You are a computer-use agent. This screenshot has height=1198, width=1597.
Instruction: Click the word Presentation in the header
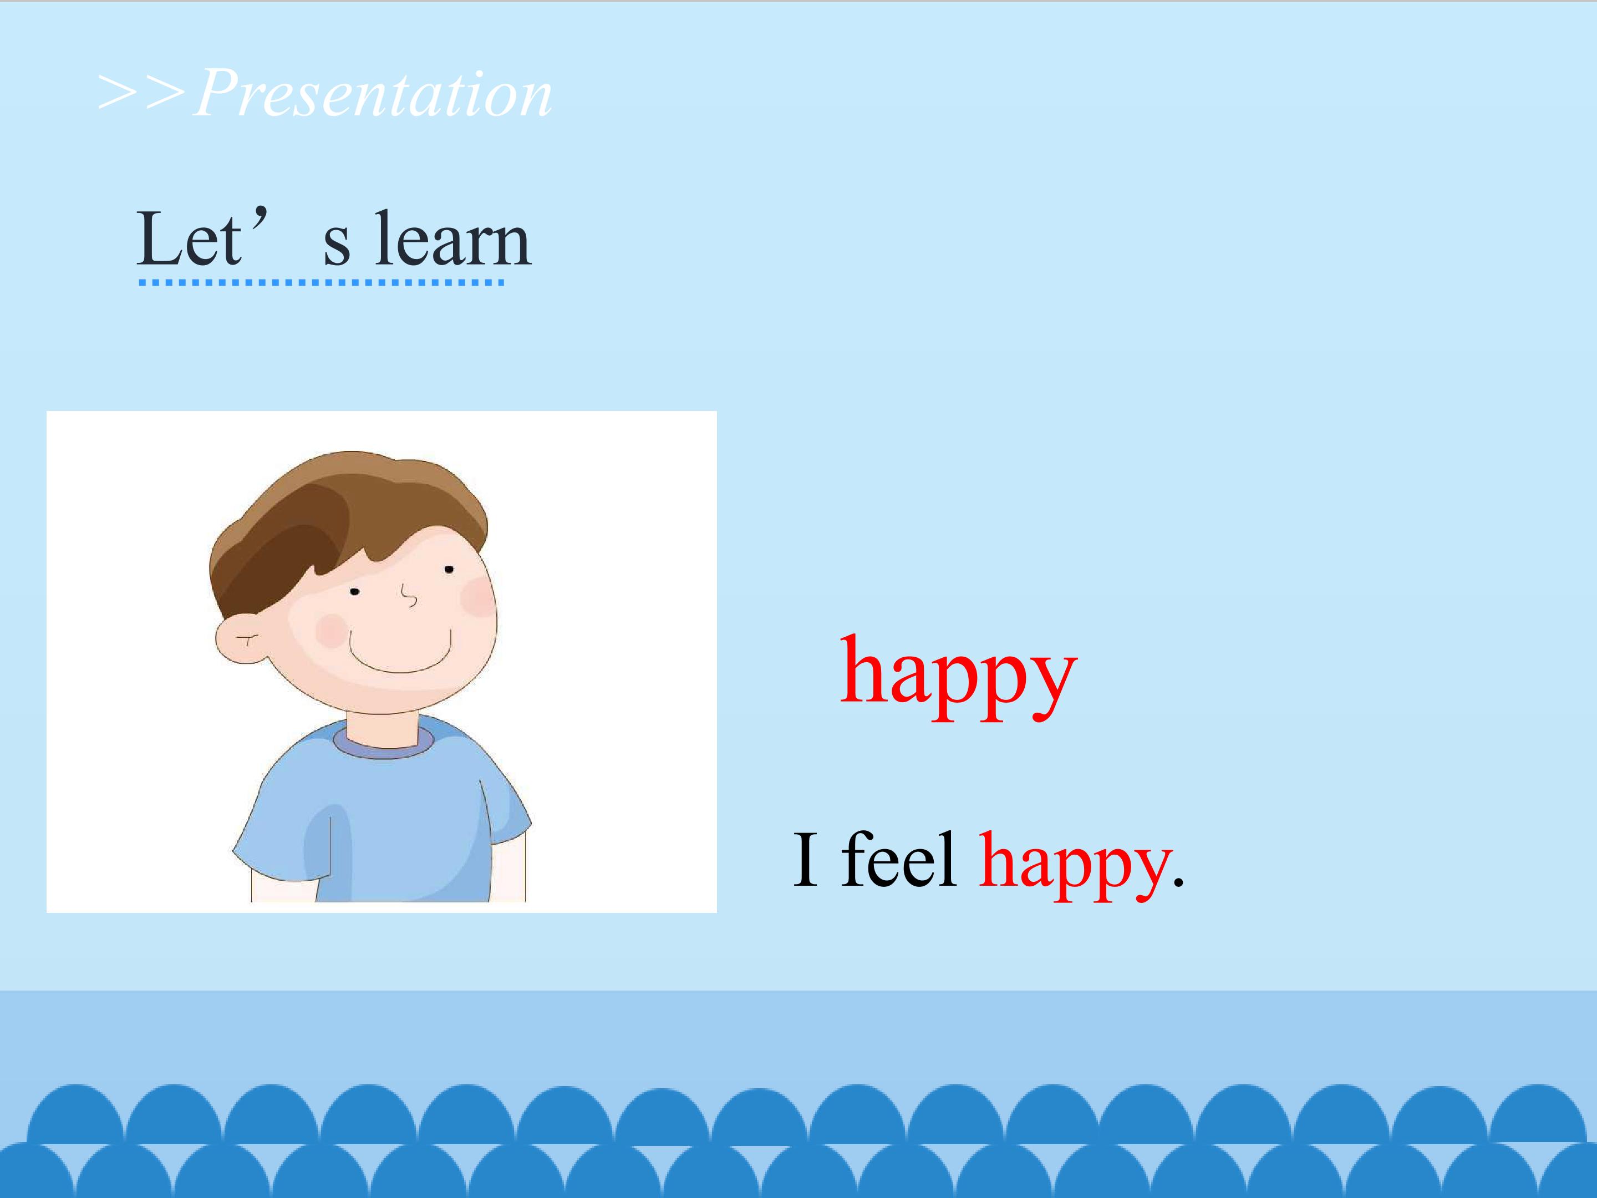(x=373, y=94)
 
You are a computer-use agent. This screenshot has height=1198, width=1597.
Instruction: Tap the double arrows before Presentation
(x=142, y=93)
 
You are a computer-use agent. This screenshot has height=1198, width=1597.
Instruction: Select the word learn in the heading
(x=452, y=238)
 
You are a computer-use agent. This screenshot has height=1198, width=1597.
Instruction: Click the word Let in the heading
(x=189, y=238)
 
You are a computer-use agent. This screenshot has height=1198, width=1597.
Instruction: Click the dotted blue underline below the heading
(x=321, y=282)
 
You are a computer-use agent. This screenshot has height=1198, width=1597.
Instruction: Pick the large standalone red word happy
(x=958, y=677)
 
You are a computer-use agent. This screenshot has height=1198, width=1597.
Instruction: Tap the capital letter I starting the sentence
(x=806, y=859)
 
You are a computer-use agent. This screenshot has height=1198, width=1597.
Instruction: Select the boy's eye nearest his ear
(x=354, y=592)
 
